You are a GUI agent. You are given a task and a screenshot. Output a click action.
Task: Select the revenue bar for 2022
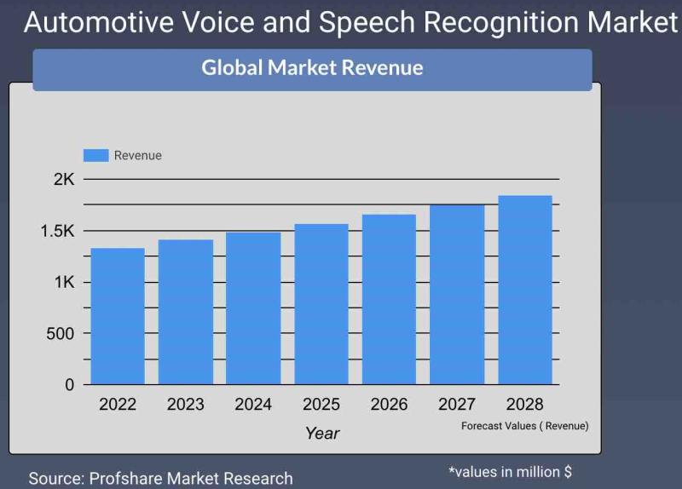pyautogui.click(x=118, y=316)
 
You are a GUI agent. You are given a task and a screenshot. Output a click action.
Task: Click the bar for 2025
pyautogui.click(x=321, y=304)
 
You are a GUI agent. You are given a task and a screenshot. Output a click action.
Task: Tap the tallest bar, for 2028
pyautogui.click(x=525, y=290)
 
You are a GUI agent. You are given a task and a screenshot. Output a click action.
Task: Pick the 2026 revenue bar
pyautogui.click(x=389, y=299)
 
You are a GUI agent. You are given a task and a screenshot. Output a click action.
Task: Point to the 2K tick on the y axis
pyautogui.click(x=64, y=179)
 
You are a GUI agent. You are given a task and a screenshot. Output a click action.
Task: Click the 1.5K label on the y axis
pyautogui.click(x=57, y=231)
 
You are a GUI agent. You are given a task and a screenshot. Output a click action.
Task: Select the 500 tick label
pyautogui.click(x=60, y=334)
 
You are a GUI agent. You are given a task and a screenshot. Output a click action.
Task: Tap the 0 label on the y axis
pyautogui.click(x=70, y=385)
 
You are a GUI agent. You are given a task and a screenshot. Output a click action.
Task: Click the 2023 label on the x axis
pyautogui.click(x=185, y=405)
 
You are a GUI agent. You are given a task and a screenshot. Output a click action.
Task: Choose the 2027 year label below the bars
pyautogui.click(x=457, y=405)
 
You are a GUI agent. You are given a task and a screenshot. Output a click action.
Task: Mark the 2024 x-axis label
pyautogui.click(x=253, y=405)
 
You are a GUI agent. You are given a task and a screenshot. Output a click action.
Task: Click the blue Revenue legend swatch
pyautogui.click(x=95, y=155)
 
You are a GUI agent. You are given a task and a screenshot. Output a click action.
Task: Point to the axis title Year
pyautogui.click(x=322, y=433)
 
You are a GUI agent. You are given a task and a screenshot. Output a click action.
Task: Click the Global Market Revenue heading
pyautogui.click(x=312, y=68)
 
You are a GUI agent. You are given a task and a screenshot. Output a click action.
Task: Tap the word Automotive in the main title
pyautogui.click(x=99, y=22)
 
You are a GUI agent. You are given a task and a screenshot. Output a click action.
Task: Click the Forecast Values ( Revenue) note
pyautogui.click(x=525, y=426)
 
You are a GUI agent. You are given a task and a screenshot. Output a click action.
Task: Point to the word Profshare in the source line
pyautogui.click(x=125, y=479)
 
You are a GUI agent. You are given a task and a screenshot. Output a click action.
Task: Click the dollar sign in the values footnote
pyautogui.click(x=568, y=472)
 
